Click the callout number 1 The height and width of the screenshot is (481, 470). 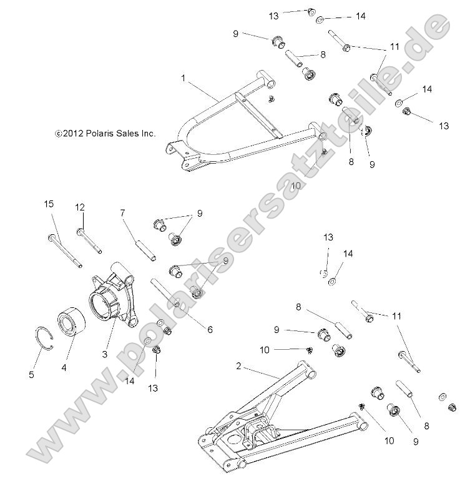[x=183, y=78]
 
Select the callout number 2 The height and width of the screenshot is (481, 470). [x=238, y=365]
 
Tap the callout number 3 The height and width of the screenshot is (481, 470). [x=105, y=354]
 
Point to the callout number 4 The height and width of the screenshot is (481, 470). [x=64, y=368]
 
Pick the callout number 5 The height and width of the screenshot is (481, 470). [x=32, y=375]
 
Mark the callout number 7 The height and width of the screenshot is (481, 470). [x=123, y=213]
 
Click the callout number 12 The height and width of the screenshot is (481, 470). [x=80, y=207]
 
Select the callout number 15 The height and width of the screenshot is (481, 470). [x=49, y=204]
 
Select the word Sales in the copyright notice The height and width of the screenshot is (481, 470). [x=128, y=133]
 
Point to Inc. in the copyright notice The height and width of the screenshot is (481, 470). [x=149, y=133]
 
